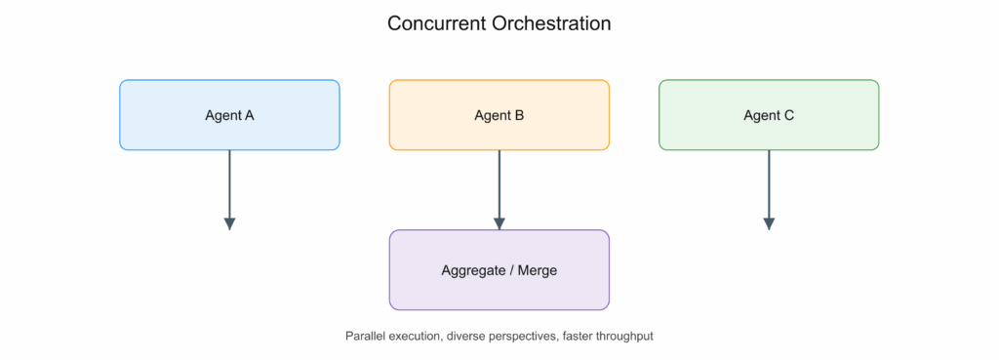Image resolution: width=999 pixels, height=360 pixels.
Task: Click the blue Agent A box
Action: point(229,115)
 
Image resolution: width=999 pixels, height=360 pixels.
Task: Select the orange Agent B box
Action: point(499,115)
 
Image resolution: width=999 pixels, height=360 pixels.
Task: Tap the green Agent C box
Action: point(769,115)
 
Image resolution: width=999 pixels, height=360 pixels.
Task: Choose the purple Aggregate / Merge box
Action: point(499,269)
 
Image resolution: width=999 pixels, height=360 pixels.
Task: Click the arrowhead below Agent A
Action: point(229,223)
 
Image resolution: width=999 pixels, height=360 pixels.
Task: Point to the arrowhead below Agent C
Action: point(769,223)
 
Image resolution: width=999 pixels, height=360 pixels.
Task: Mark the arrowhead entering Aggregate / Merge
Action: point(499,223)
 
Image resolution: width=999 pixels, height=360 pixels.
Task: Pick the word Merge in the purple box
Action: point(538,270)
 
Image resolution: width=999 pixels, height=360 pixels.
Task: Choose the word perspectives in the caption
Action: point(511,337)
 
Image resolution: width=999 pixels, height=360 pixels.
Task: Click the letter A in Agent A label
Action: point(249,115)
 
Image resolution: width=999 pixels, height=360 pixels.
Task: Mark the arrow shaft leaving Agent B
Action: point(499,184)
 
